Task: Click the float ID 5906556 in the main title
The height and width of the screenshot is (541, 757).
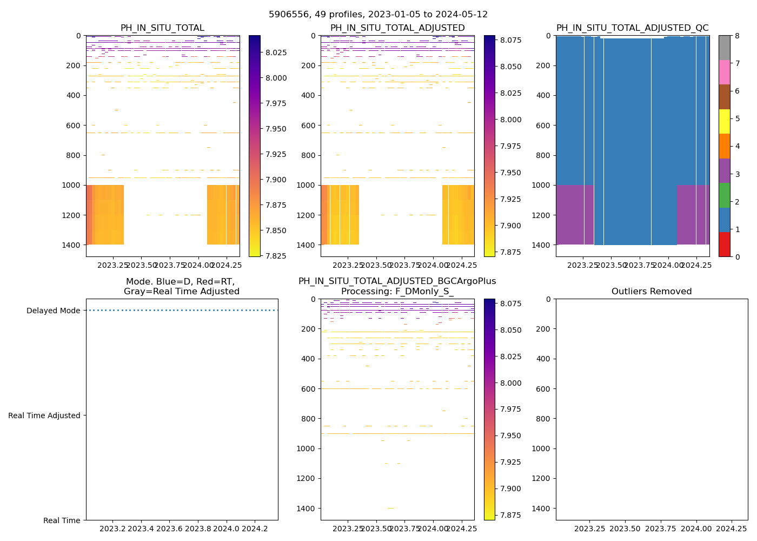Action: click(x=286, y=15)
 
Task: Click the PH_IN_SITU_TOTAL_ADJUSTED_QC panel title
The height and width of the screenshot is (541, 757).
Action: click(x=632, y=28)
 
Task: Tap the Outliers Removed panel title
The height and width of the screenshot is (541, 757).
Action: click(x=652, y=292)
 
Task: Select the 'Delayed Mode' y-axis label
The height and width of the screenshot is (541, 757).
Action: click(x=53, y=311)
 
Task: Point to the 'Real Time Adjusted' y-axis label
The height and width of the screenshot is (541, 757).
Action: click(x=44, y=415)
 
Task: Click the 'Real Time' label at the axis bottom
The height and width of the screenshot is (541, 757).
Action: click(x=62, y=520)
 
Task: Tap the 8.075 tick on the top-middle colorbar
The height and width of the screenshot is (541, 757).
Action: click(x=510, y=40)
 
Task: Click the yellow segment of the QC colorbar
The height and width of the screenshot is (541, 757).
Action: click(x=724, y=121)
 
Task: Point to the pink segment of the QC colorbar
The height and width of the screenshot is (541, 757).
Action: click(x=724, y=72)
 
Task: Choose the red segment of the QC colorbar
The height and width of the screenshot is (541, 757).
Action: click(x=724, y=244)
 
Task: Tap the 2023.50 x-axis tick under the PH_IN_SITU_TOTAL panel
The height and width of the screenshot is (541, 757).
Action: click(x=142, y=265)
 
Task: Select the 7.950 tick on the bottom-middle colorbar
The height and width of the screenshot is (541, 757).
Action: click(x=510, y=436)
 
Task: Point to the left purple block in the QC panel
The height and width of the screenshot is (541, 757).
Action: click(x=575, y=214)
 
